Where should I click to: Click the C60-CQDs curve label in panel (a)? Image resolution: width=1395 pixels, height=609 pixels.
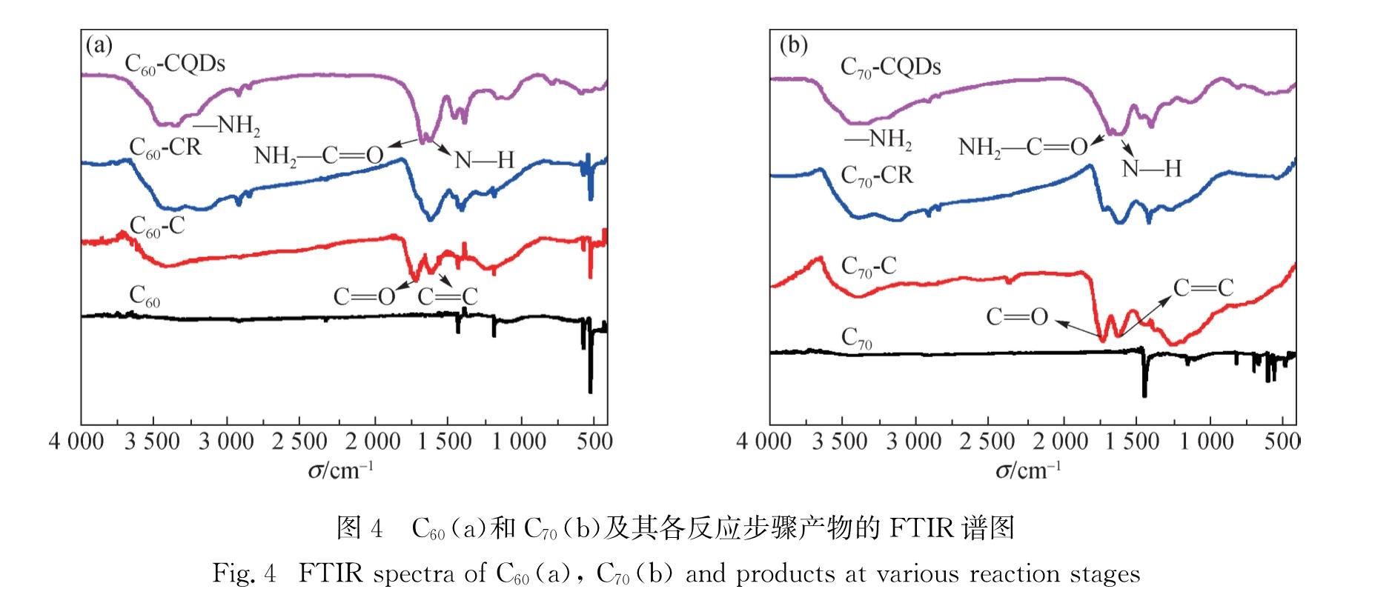click(175, 64)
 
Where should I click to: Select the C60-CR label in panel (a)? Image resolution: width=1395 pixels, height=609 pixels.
click(165, 147)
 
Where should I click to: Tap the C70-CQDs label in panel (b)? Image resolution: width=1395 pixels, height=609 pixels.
click(890, 68)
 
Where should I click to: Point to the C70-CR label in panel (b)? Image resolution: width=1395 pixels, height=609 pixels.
click(877, 176)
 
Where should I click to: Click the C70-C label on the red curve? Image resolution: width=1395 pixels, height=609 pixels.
click(869, 267)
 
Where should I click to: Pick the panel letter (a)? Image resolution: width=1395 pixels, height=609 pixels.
click(99, 46)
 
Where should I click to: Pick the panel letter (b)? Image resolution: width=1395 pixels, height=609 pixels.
click(794, 46)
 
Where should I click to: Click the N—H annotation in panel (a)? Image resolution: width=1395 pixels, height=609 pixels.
click(483, 159)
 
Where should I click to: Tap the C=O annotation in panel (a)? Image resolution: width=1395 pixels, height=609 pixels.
click(364, 297)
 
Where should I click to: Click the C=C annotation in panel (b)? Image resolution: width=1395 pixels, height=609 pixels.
click(1202, 287)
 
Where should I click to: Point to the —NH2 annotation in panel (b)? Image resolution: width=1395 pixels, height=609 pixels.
click(878, 139)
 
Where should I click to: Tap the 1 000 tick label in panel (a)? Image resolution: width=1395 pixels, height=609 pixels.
click(520, 442)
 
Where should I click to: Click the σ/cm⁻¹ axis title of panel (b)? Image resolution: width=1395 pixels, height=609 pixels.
click(1028, 470)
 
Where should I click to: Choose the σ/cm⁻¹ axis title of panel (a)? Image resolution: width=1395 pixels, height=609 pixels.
click(341, 470)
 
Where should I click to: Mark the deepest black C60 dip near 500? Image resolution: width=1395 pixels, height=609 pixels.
click(590, 391)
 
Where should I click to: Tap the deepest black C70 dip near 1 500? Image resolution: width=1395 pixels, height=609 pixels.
click(1144, 395)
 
